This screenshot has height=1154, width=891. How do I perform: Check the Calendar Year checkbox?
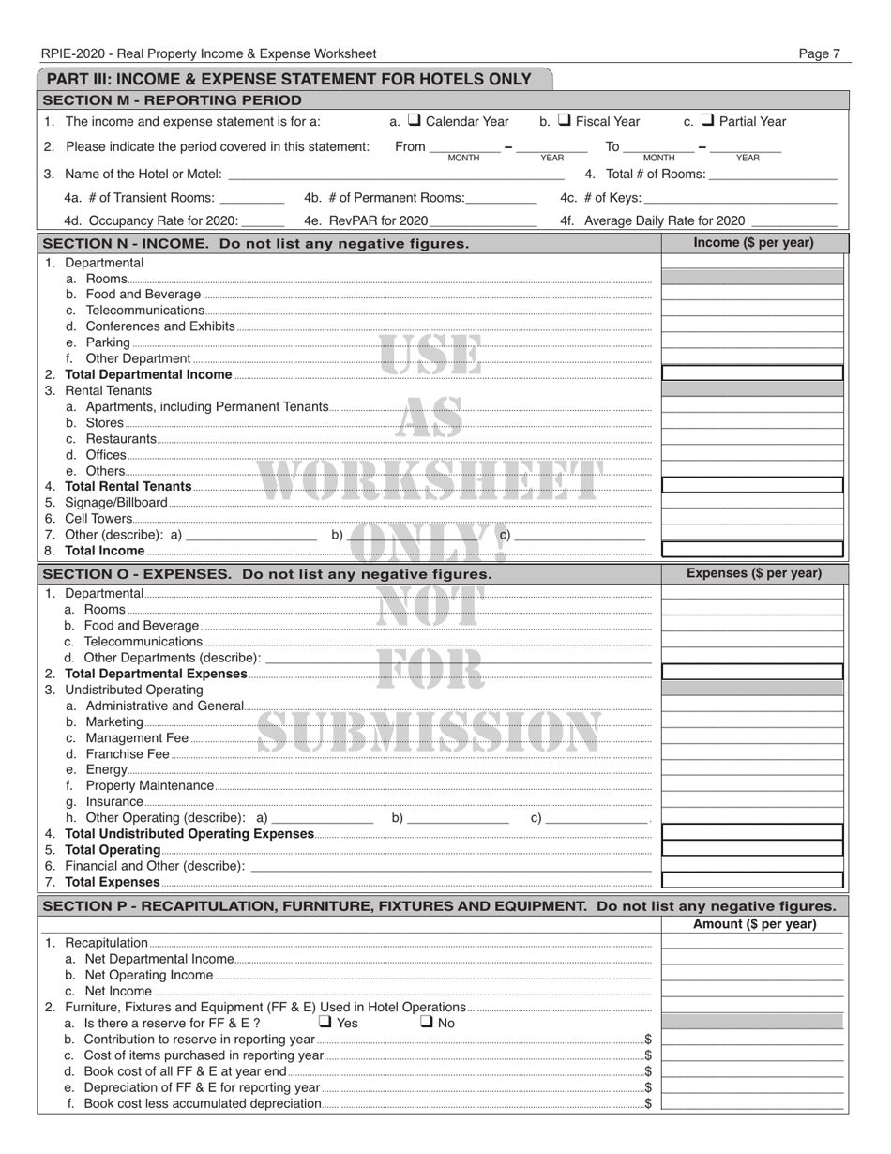click(415, 121)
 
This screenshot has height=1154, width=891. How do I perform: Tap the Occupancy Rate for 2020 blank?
click(264, 220)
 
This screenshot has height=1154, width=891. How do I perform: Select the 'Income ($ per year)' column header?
click(753, 244)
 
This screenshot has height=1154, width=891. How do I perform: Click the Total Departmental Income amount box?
click(753, 373)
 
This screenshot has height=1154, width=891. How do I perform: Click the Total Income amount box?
click(753, 550)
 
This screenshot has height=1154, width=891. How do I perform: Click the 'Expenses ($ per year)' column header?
click(753, 573)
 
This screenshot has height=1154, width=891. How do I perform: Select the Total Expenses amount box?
click(753, 881)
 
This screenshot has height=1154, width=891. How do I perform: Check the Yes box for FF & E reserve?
click(325, 1022)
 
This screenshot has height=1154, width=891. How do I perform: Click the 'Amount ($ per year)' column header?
click(753, 924)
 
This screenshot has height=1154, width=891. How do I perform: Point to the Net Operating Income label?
click(148, 975)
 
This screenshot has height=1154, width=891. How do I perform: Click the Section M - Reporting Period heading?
click(173, 100)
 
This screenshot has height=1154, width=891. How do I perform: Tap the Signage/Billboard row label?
click(116, 502)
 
